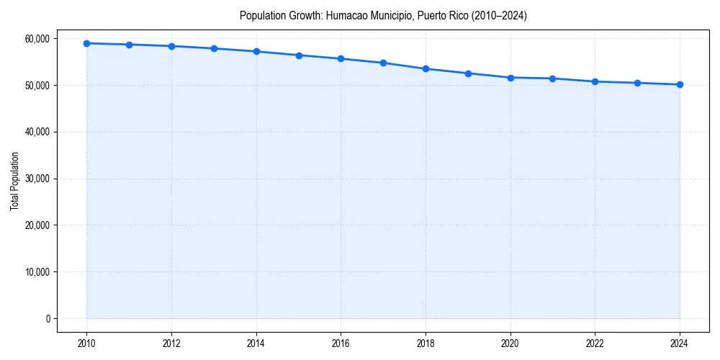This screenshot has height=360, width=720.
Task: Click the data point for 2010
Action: [86, 43]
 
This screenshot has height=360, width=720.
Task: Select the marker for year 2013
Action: [214, 48]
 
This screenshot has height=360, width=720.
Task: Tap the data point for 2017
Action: [383, 63]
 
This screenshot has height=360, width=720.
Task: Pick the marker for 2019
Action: [468, 73]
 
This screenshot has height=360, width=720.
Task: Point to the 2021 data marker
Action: [552, 78]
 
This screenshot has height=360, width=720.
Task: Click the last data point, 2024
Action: [680, 84]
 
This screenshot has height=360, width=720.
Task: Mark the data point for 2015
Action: [299, 55]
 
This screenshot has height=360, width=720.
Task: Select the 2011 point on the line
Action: [129, 45]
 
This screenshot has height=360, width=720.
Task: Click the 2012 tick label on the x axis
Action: [171, 343]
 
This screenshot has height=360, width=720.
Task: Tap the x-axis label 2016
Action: [341, 343]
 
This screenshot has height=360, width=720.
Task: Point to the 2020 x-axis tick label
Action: [510, 343]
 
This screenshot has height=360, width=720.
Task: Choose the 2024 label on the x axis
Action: [680, 343]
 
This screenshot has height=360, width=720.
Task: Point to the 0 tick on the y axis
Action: [48, 319]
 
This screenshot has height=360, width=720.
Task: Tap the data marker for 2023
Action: [637, 83]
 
